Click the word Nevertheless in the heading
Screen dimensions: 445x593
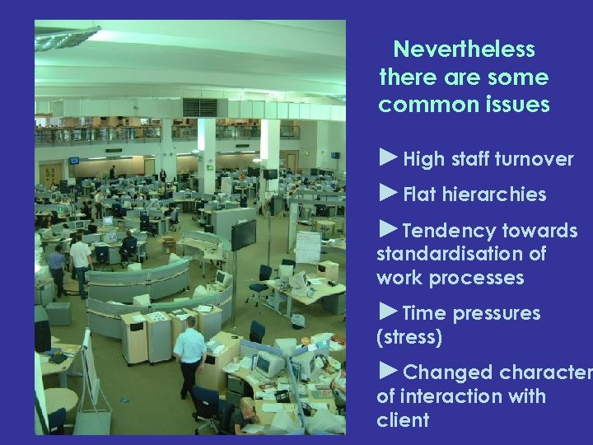(464, 49)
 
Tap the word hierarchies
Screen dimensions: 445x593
(494, 195)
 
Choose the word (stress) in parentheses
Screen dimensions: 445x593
(409, 337)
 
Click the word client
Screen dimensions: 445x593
(403, 420)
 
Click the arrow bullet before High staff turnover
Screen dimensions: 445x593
(388, 157)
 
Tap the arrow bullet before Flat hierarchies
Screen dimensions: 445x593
(388, 193)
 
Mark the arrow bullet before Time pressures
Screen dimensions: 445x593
(388, 311)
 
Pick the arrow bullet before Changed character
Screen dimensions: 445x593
(388, 371)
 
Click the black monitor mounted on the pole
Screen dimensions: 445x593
(243, 234)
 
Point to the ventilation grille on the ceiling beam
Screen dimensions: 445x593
(199, 107)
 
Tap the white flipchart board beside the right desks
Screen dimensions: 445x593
(307, 246)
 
